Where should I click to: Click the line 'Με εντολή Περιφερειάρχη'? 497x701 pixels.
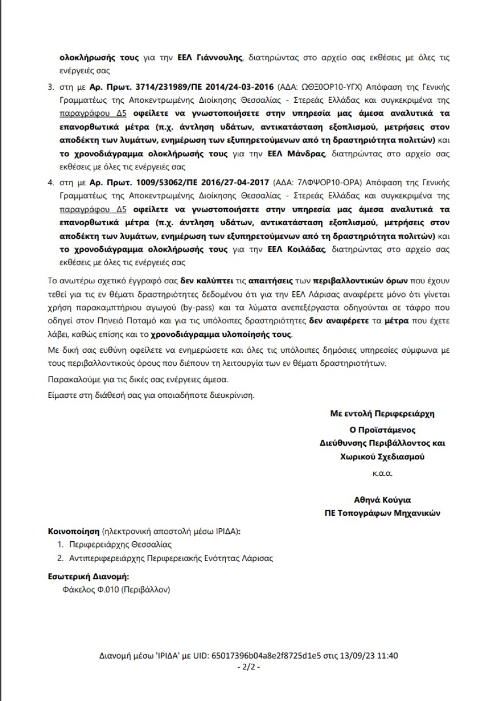pyautogui.click(x=382, y=413)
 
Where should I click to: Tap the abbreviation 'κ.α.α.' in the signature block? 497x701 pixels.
pyautogui.click(x=382, y=473)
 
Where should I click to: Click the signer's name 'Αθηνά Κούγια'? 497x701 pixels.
pyautogui.click(x=382, y=500)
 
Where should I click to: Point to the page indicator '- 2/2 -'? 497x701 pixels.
pyautogui.click(x=249, y=667)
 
